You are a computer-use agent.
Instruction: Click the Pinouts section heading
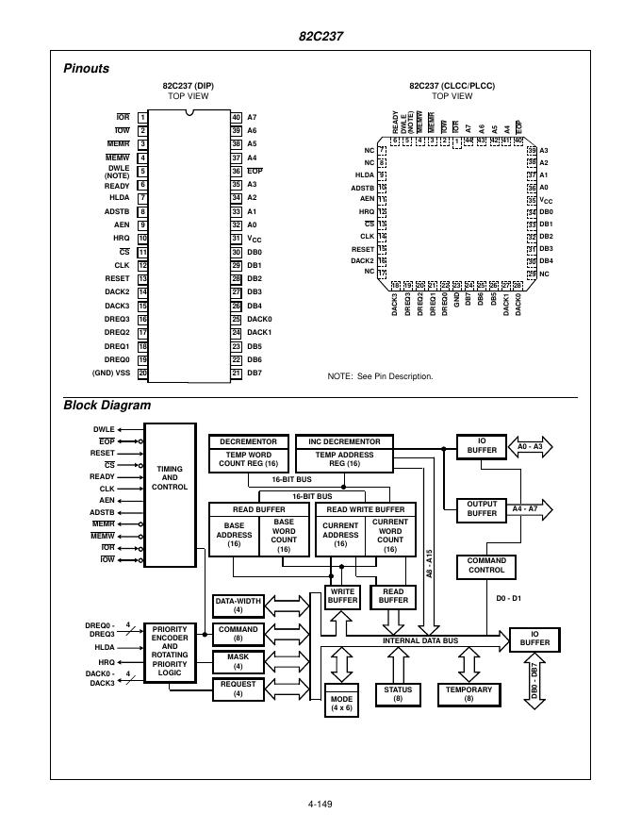pyautogui.click(x=86, y=68)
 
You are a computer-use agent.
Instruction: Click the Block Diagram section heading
pyautogui.click(x=107, y=406)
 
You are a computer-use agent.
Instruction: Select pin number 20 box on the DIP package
pyautogui.click(x=142, y=373)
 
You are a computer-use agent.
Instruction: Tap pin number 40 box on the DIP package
pyautogui.click(x=236, y=117)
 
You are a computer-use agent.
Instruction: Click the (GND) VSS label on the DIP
pyautogui.click(x=110, y=373)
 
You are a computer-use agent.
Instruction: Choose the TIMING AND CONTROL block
pyautogui.click(x=170, y=495)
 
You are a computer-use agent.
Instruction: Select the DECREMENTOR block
pyautogui.click(x=248, y=441)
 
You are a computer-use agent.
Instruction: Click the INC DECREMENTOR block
pyautogui.click(x=344, y=441)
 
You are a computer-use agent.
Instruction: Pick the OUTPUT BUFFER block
pyautogui.click(x=482, y=508)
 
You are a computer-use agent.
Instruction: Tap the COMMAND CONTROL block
pyautogui.click(x=486, y=565)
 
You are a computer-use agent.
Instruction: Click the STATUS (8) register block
pyautogui.click(x=398, y=695)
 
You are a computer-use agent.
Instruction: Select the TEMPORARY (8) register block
pyautogui.click(x=469, y=695)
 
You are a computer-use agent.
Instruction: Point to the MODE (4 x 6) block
pyautogui.click(x=341, y=704)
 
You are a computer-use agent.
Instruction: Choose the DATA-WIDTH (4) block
pyautogui.click(x=238, y=605)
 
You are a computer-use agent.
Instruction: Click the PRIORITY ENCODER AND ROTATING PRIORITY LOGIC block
pyautogui.click(x=170, y=653)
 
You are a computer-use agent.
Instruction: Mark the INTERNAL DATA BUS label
pyautogui.click(x=419, y=640)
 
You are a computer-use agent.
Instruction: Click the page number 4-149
pyautogui.click(x=320, y=805)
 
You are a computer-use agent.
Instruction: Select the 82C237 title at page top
pyautogui.click(x=320, y=36)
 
